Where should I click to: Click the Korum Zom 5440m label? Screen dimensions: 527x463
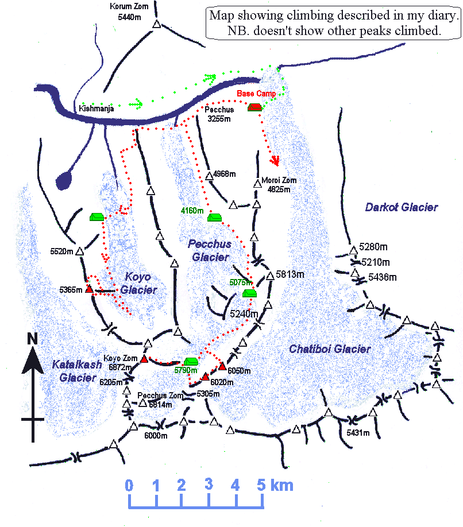(129, 11)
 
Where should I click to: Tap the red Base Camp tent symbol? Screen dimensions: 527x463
(254, 107)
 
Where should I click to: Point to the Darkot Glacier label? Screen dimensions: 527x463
(402, 207)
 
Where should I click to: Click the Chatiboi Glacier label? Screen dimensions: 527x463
(330, 348)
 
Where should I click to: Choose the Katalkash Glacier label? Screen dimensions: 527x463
(74, 370)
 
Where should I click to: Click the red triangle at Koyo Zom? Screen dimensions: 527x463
(144, 359)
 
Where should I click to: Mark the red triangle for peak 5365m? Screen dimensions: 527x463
(89, 289)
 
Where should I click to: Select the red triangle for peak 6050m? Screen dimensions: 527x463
(222, 366)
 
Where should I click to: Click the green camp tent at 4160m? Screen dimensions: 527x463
(214, 217)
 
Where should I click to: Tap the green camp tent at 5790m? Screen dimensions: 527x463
(191, 362)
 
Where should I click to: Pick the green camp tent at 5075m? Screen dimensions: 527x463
(249, 293)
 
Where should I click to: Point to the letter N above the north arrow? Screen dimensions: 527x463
(33, 339)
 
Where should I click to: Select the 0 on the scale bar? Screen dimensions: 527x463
(129, 486)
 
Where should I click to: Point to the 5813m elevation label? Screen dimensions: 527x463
(290, 274)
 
